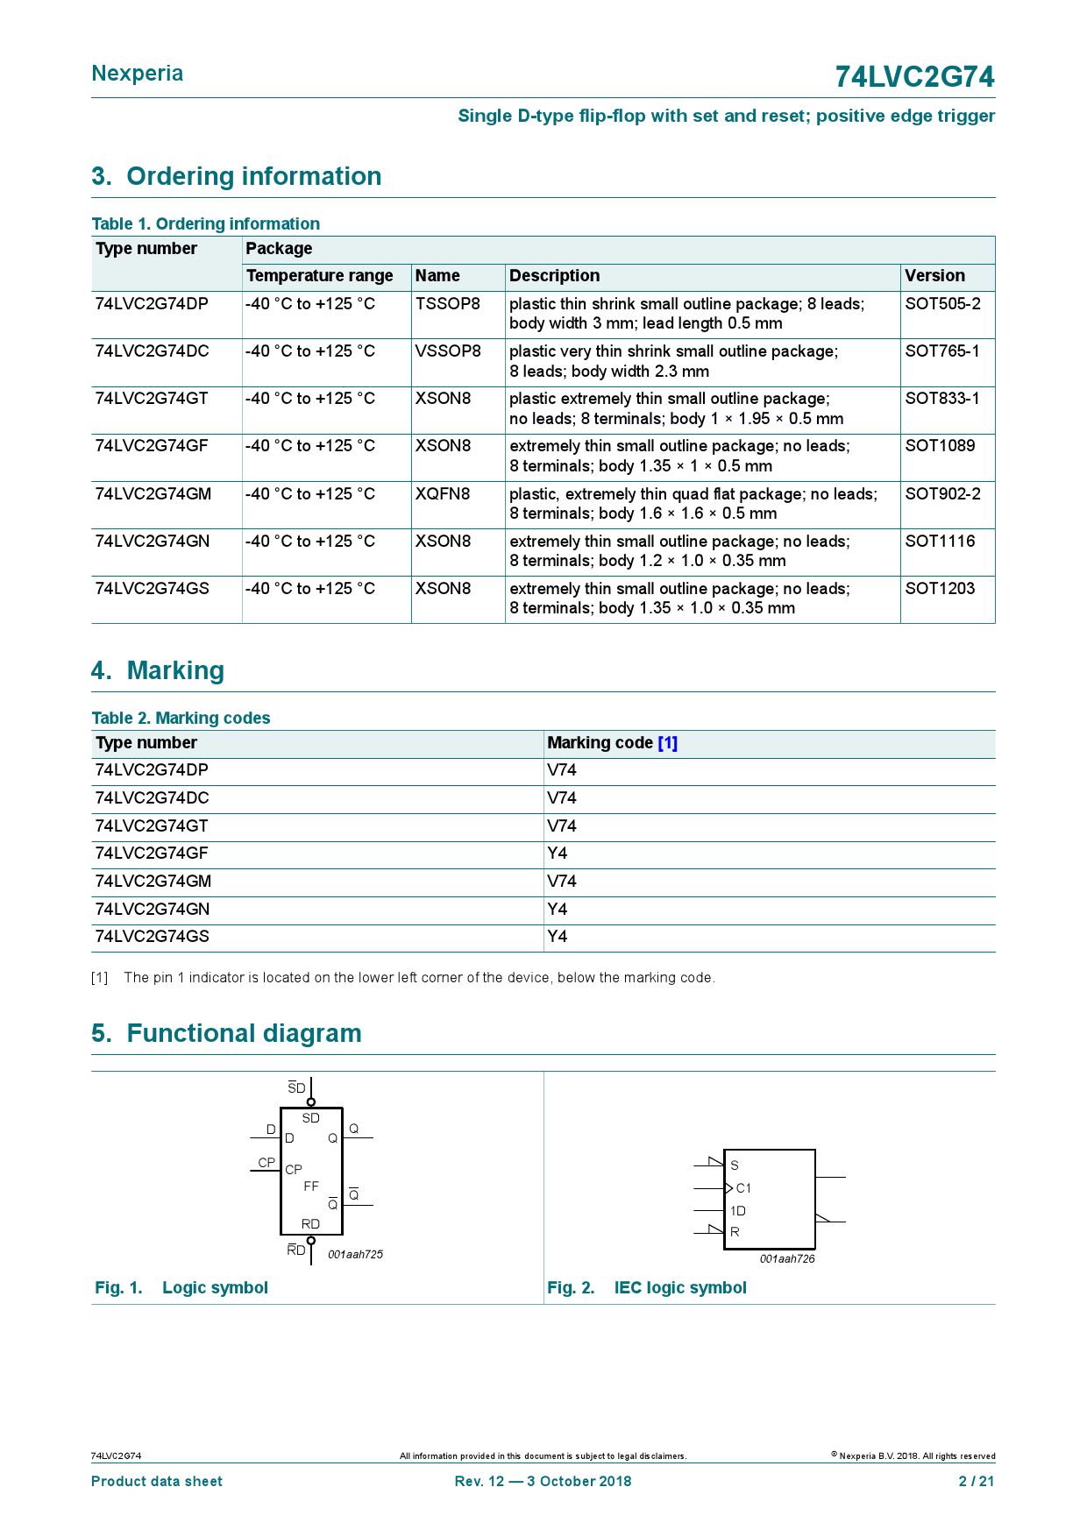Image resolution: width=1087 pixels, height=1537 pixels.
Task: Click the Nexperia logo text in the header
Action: [138, 74]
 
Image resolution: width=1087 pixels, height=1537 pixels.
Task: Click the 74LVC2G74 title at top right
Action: [914, 77]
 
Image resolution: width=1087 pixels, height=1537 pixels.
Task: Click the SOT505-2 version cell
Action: [942, 304]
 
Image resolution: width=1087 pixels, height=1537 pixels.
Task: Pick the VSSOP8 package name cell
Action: [448, 351]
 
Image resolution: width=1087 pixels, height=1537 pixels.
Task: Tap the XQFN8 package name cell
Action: [443, 494]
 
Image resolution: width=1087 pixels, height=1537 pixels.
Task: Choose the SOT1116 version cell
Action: [940, 542]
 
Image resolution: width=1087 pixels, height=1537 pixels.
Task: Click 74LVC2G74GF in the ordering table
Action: [152, 446]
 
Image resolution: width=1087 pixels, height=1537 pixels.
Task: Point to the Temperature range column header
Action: [319, 276]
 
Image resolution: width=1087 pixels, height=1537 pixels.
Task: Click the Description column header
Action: [554, 276]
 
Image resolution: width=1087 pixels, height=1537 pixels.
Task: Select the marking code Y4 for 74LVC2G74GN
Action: [558, 910]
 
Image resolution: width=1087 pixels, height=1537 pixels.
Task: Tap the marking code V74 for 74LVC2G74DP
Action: [562, 770]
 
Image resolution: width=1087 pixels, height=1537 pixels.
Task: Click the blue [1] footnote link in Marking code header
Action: [668, 743]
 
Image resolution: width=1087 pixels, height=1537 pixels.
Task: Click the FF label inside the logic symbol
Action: [311, 1186]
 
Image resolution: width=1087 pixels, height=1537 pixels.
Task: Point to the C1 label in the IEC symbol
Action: [743, 1188]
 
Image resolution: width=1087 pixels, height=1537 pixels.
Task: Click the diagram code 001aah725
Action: [355, 1255]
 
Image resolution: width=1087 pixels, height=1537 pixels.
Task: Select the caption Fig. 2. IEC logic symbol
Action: [647, 1288]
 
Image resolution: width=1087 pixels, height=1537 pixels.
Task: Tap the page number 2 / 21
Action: [977, 1482]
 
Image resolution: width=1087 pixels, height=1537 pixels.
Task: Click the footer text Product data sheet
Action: [157, 1482]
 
